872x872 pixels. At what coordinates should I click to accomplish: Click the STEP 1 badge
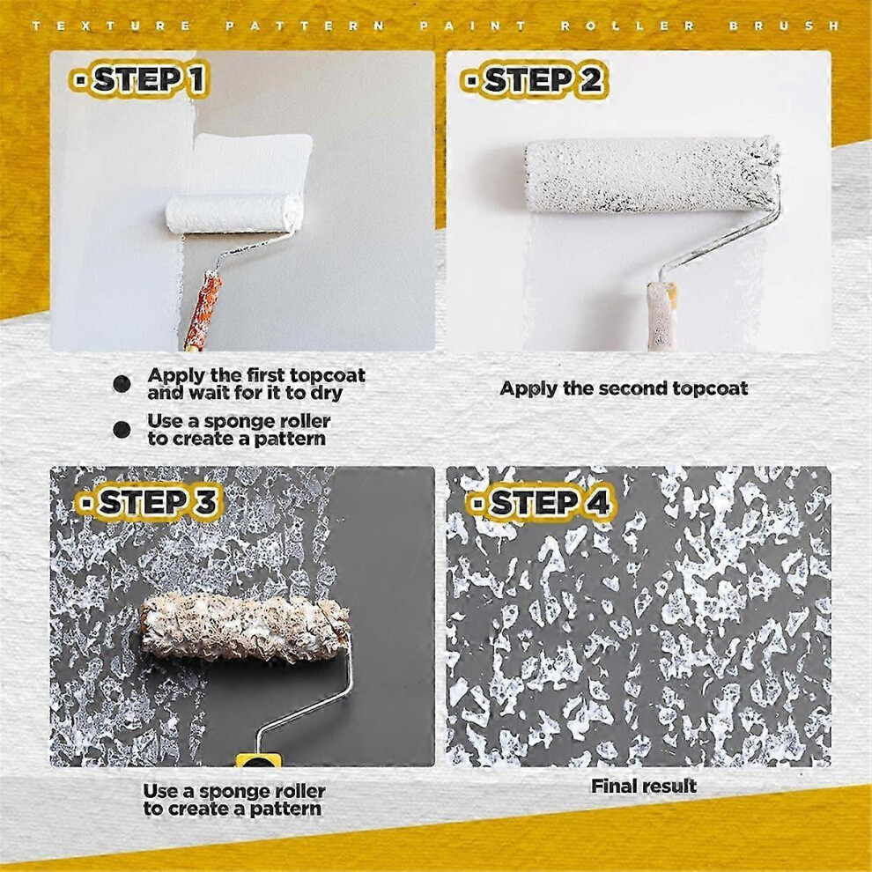tap(139, 79)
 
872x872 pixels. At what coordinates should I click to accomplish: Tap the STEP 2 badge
tap(534, 80)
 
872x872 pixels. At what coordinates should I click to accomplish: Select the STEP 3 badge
tap(149, 502)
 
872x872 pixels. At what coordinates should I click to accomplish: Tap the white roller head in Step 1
tap(234, 213)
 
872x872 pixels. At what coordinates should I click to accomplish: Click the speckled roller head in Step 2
tap(653, 174)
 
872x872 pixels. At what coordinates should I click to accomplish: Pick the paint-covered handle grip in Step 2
tap(661, 316)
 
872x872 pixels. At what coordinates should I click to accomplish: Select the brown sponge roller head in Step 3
tap(245, 627)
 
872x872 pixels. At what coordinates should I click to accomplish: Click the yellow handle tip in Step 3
tap(259, 760)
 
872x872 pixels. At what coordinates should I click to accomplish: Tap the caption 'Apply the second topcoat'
tap(624, 388)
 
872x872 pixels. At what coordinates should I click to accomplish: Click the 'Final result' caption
tap(644, 786)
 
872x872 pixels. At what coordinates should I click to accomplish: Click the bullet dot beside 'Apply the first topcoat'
tap(122, 384)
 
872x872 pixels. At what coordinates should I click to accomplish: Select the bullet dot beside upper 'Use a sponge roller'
tap(122, 429)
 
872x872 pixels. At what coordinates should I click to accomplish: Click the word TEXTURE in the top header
tap(112, 26)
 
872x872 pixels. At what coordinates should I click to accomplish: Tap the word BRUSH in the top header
tap(784, 26)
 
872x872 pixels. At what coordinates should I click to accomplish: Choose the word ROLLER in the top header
tap(628, 26)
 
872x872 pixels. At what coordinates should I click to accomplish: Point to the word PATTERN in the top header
tap(306, 26)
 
